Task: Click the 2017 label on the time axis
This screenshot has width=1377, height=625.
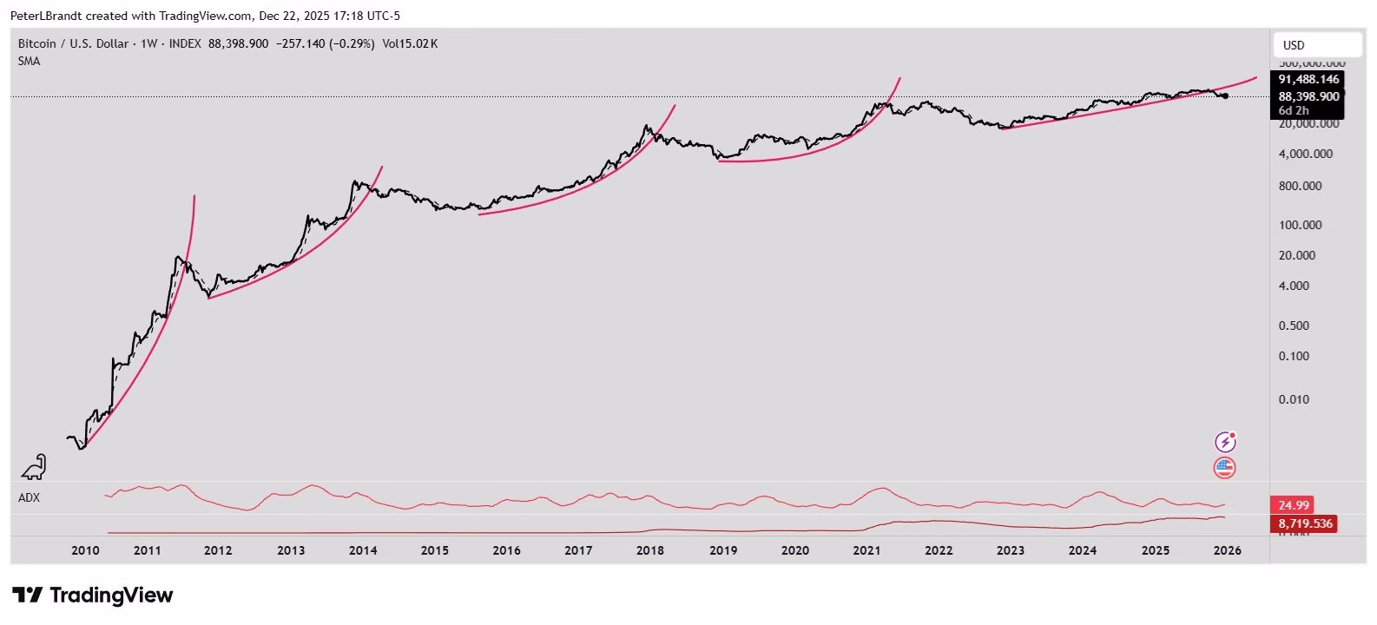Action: (x=578, y=550)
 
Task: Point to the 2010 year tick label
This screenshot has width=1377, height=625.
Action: (x=85, y=550)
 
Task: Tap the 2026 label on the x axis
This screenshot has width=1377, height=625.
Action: (x=1226, y=550)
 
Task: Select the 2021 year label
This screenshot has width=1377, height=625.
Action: (x=866, y=550)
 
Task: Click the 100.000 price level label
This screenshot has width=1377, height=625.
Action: (x=1300, y=225)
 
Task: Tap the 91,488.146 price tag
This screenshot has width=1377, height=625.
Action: (x=1308, y=79)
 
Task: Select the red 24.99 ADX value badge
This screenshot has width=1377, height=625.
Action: (x=1292, y=505)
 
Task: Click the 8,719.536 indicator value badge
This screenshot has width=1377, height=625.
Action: (x=1304, y=524)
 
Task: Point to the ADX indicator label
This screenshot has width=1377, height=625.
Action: (x=29, y=497)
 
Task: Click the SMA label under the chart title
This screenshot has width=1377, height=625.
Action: (x=29, y=61)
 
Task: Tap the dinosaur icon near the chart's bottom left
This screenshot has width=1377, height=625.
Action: (x=35, y=467)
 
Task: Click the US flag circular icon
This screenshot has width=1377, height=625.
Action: (x=1224, y=468)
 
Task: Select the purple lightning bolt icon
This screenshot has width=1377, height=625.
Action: (x=1225, y=442)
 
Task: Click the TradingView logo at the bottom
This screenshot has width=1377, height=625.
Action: (x=92, y=595)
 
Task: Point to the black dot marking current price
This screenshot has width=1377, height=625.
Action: (x=1224, y=95)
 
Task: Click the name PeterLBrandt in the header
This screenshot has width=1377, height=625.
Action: (x=45, y=16)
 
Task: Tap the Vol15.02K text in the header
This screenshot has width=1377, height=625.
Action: (x=410, y=43)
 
